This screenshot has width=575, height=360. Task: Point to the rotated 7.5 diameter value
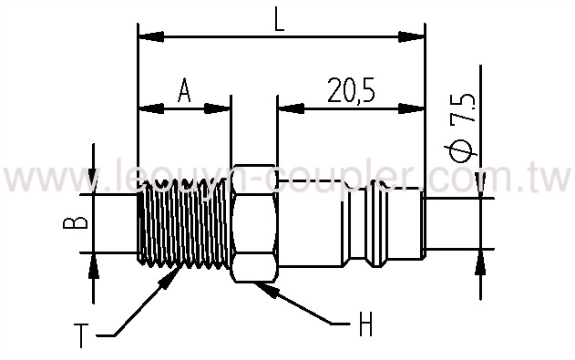pos(468,108)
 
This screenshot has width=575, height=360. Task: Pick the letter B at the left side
pos(79,221)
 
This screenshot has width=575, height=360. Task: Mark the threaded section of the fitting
pos(182,223)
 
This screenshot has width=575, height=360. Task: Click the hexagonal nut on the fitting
pos(253,223)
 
